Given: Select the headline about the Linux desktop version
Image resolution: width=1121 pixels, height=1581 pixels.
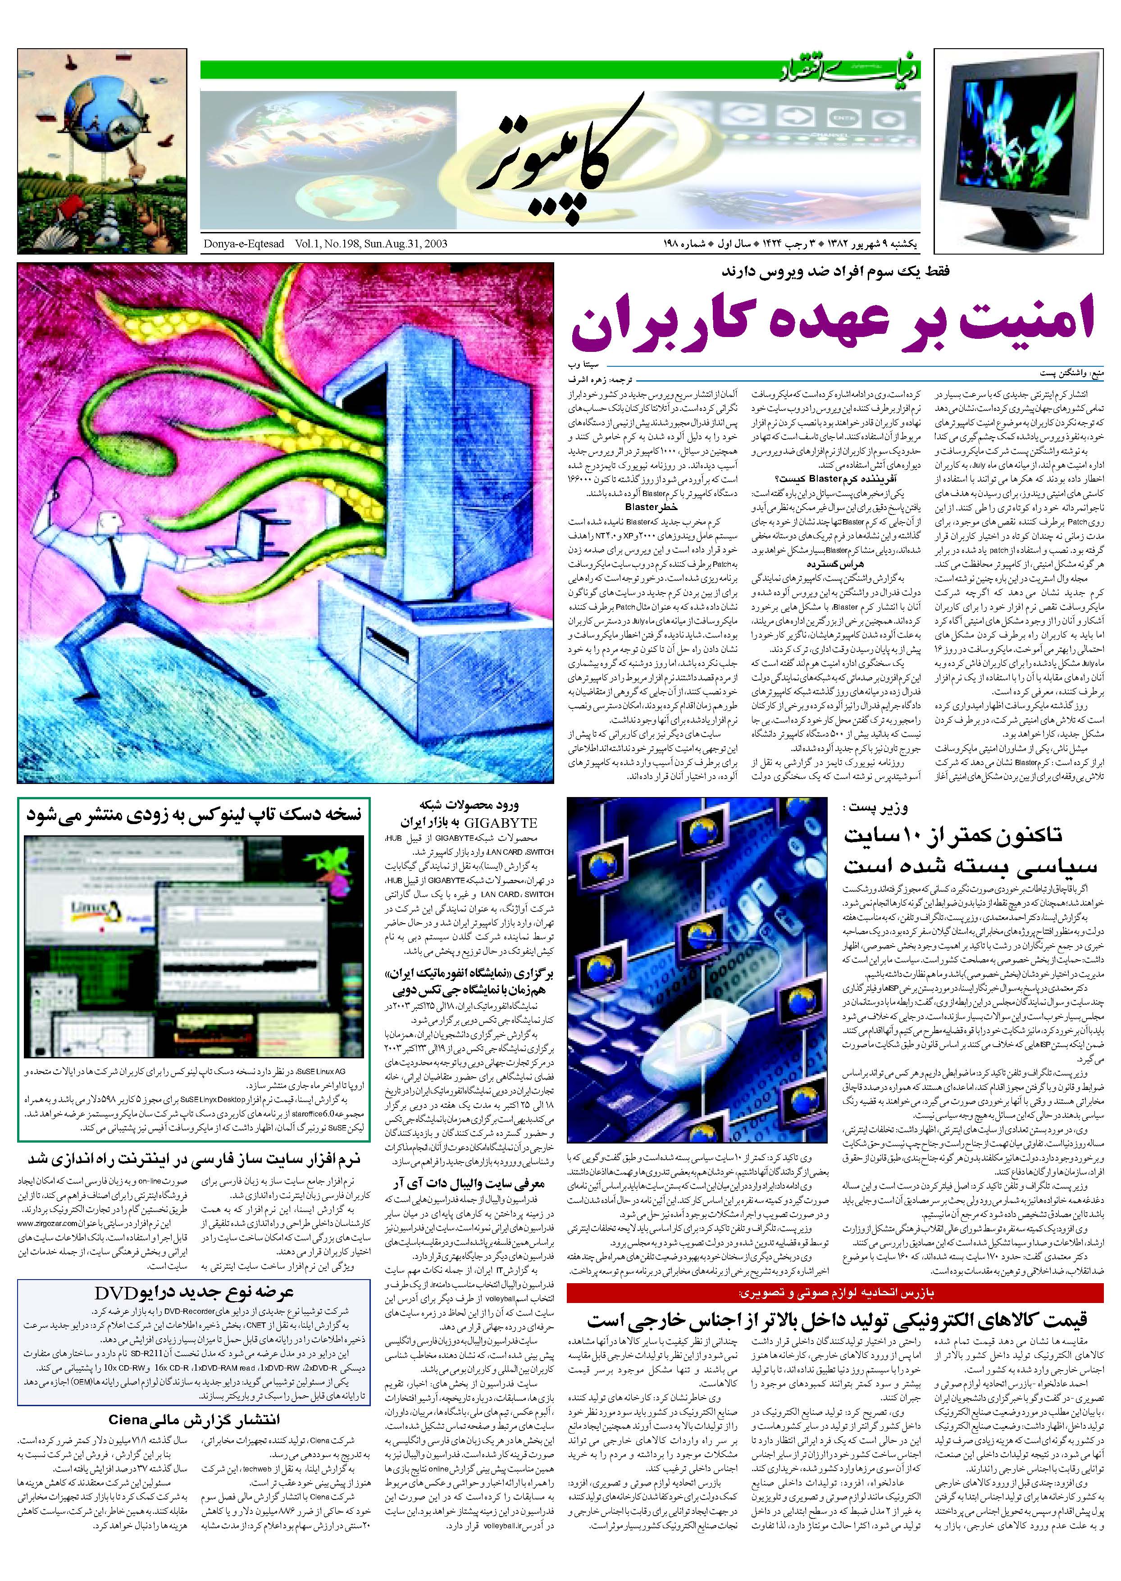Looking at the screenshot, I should pos(194,815).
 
